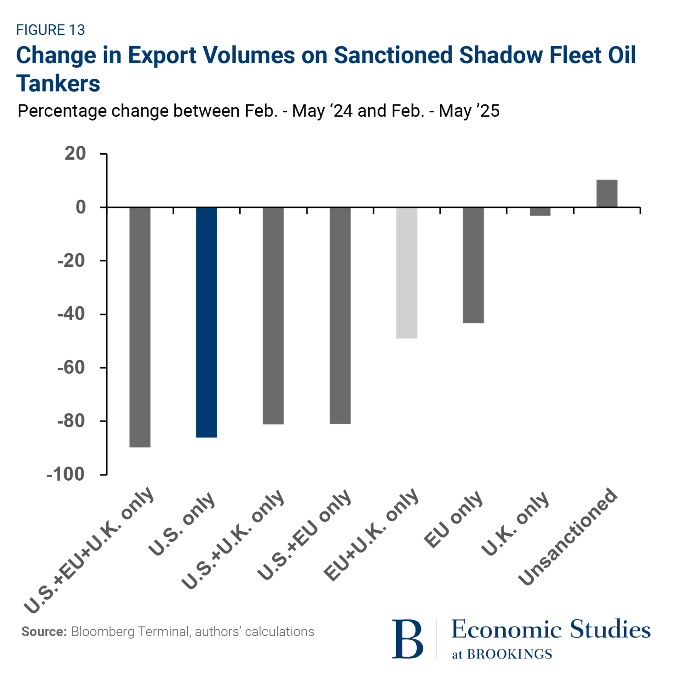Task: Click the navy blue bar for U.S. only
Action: click(x=207, y=322)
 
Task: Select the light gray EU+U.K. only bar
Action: click(x=407, y=273)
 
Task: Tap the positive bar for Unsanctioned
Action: click(x=607, y=193)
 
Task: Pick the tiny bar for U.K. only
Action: click(x=540, y=212)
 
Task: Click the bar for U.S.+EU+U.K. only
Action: click(x=140, y=327)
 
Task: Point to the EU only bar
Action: click(x=473, y=265)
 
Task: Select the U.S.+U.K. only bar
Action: click(x=273, y=316)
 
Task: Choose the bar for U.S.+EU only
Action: click(x=340, y=316)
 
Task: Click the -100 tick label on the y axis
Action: click(x=66, y=474)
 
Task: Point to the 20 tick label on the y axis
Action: click(x=75, y=154)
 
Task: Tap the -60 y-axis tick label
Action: click(x=71, y=368)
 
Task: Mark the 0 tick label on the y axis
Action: click(x=81, y=207)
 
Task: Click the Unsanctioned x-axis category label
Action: click(x=568, y=537)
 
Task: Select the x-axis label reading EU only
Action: click(x=454, y=519)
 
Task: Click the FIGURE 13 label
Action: click(x=51, y=30)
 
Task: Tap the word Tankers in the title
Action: click(x=58, y=84)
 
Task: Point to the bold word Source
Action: click(x=44, y=632)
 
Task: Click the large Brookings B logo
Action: click(x=408, y=639)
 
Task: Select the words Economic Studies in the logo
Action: click(x=551, y=629)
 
